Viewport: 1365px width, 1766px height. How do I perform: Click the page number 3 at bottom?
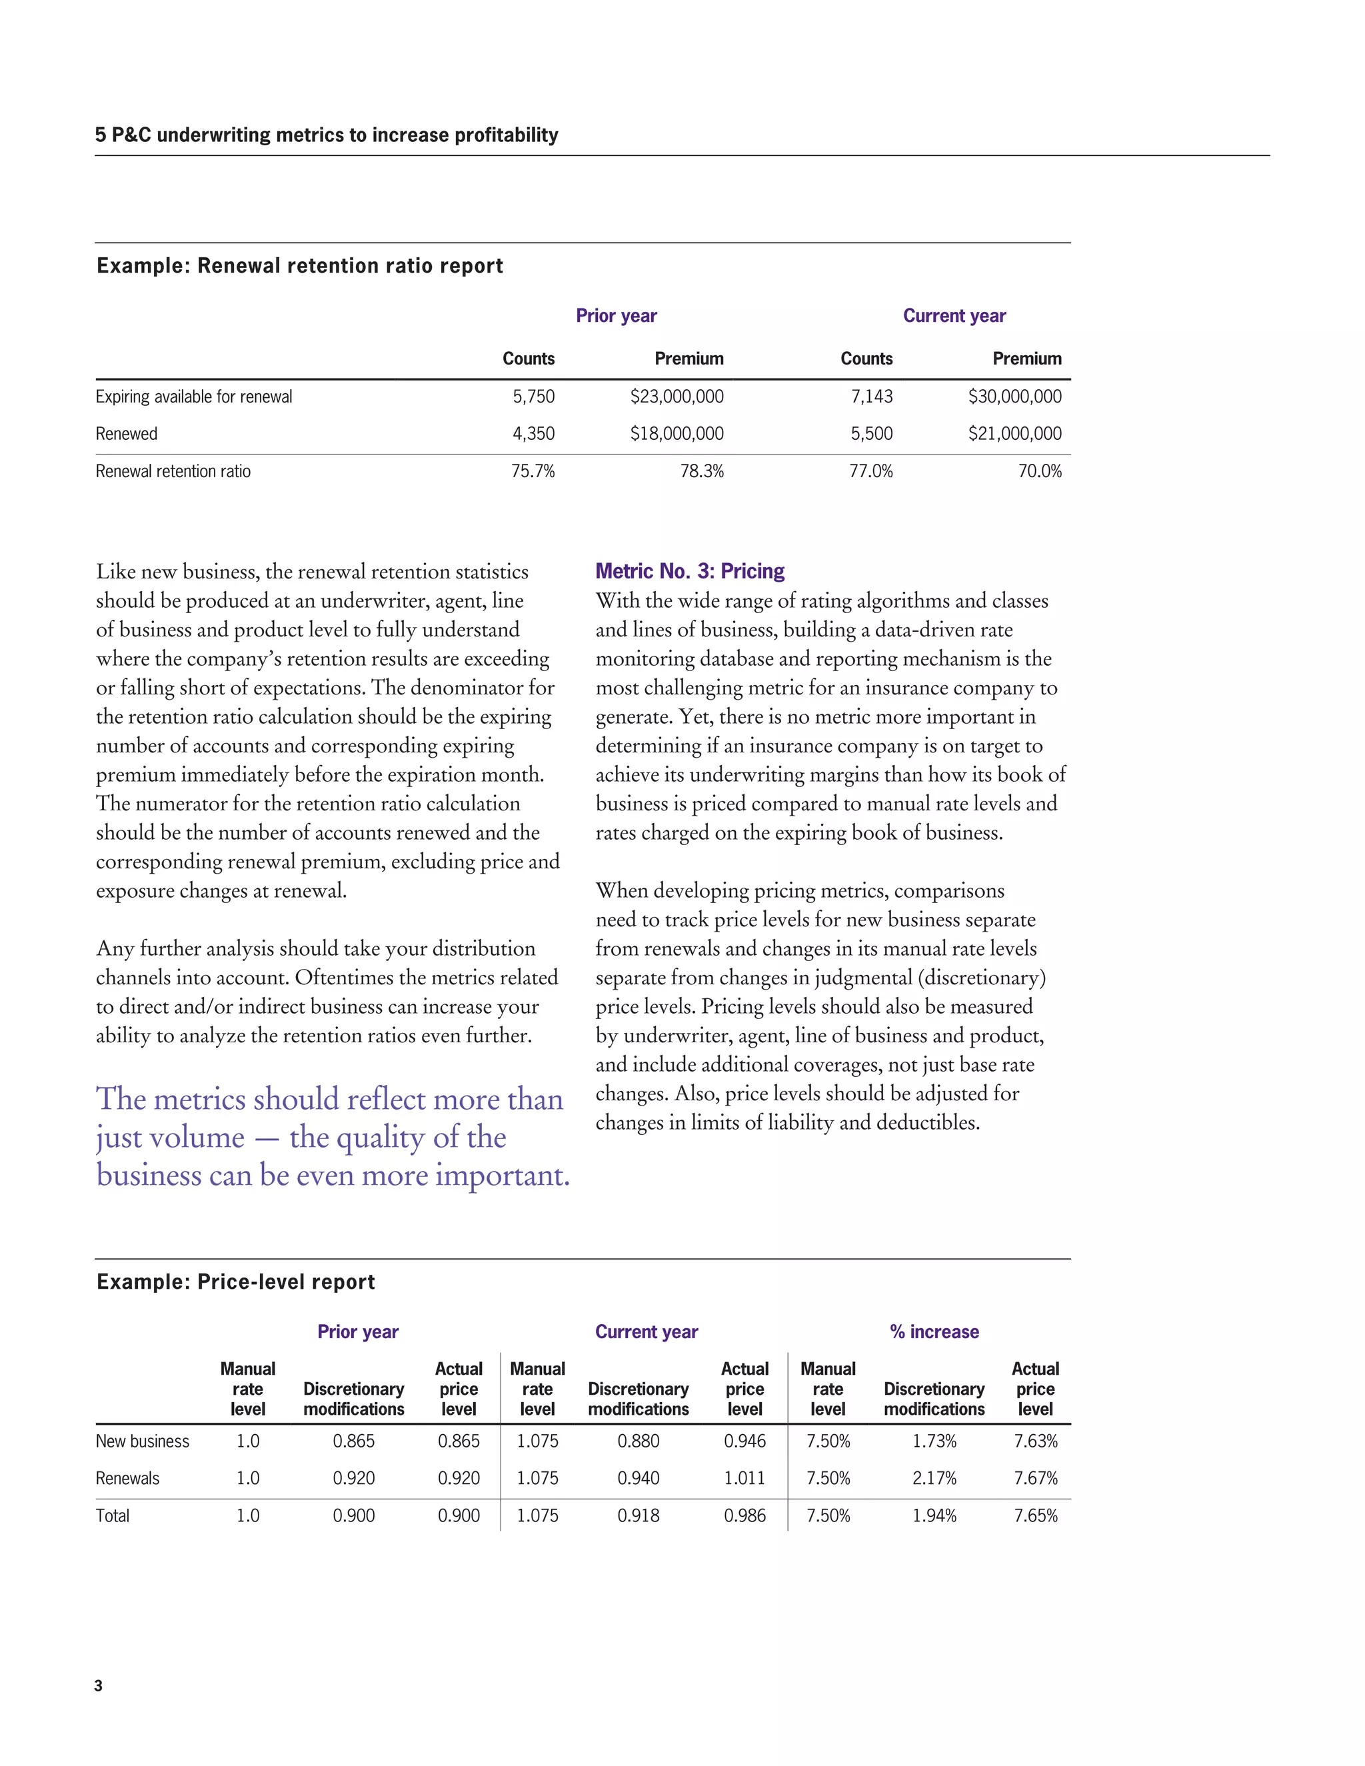[99, 1686]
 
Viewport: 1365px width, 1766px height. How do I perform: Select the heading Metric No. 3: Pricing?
[690, 572]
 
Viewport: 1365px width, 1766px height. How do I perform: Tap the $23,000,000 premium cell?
[677, 397]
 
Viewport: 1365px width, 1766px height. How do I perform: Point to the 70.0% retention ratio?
[1039, 471]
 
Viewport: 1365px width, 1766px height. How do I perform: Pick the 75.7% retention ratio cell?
[533, 471]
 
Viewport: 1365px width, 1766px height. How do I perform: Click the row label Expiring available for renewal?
[194, 397]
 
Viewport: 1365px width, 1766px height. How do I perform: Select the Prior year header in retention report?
[617, 316]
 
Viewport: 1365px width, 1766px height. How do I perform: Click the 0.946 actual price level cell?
[744, 1441]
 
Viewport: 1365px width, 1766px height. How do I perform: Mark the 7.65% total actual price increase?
[1035, 1515]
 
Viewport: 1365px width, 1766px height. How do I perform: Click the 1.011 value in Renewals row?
[744, 1478]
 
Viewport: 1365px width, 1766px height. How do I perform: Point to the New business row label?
[143, 1441]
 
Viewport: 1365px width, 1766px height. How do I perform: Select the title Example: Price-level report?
[235, 1282]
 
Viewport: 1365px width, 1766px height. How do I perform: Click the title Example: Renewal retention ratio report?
[300, 266]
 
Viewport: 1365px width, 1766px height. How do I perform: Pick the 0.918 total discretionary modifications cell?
[638, 1515]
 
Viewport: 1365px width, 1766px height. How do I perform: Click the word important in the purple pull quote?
[501, 1175]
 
